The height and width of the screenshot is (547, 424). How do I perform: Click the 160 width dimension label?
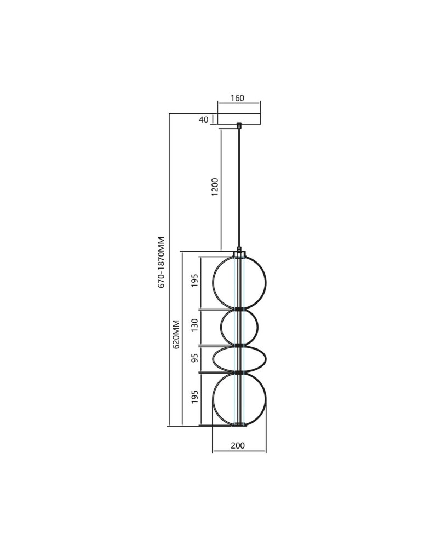tap(237, 98)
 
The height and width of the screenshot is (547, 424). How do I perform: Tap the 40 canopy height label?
tap(204, 120)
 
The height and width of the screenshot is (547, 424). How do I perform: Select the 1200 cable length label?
tap(215, 187)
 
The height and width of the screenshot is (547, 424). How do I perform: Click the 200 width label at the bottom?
tap(238, 445)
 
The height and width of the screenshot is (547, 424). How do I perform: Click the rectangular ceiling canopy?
tap(239, 119)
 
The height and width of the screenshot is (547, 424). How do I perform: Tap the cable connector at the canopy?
tap(239, 126)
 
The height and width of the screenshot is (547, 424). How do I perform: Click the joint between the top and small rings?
tap(239, 309)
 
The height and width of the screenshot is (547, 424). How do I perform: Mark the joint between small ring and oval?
tap(239, 345)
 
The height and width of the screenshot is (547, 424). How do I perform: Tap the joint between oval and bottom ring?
tap(239, 373)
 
